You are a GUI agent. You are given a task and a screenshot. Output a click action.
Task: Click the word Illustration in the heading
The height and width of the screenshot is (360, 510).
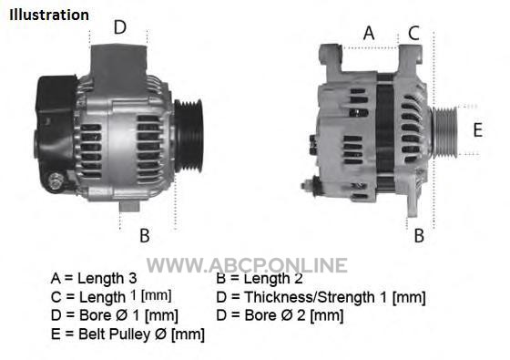click(x=49, y=15)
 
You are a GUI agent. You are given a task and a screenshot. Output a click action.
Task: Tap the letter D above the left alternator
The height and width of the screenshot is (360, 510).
click(x=119, y=27)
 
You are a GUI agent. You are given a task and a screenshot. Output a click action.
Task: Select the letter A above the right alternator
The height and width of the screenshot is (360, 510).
click(x=369, y=33)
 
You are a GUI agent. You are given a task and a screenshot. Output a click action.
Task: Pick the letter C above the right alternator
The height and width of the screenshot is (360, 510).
click(x=413, y=33)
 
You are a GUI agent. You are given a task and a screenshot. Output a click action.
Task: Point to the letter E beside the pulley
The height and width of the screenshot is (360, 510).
click(x=477, y=129)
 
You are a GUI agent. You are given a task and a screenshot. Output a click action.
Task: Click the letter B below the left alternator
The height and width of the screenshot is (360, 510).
click(x=145, y=235)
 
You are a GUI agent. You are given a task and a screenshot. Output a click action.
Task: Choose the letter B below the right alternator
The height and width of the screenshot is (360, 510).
click(x=419, y=235)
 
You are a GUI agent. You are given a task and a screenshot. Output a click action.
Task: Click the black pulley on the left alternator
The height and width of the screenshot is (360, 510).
click(x=189, y=136)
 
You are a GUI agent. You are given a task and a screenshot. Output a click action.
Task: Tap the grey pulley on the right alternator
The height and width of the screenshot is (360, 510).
click(x=444, y=132)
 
